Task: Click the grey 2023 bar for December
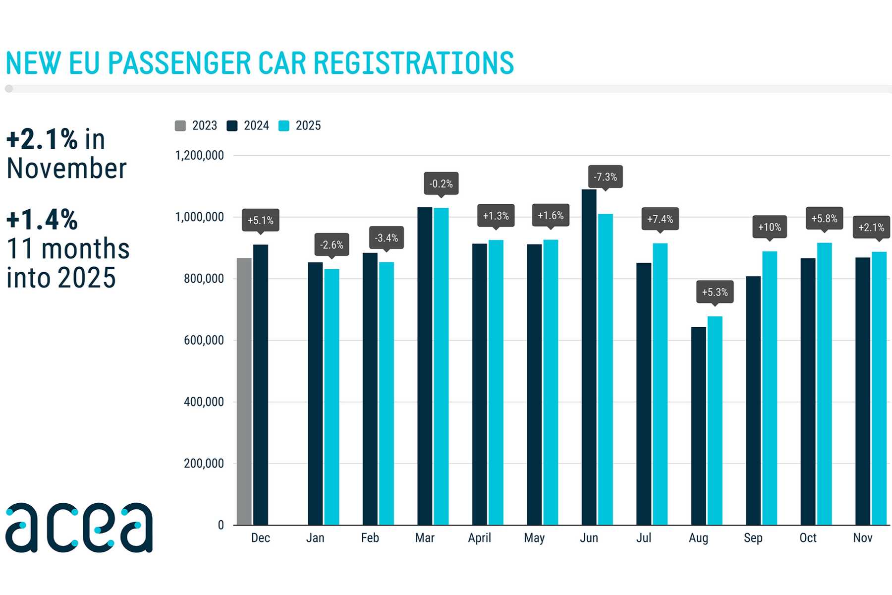tap(244, 392)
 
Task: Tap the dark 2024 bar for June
tap(589, 357)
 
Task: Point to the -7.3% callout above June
tap(605, 177)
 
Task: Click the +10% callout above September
tap(770, 227)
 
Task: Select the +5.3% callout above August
tap(715, 292)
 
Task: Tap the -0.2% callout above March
tap(441, 183)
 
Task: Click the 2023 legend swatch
tap(180, 126)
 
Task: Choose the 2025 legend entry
tap(300, 126)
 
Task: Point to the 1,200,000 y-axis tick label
tap(199, 156)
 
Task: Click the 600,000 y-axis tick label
tap(204, 340)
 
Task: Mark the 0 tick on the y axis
tap(221, 525)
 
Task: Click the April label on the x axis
tap(479, 538)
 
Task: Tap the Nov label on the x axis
tap(862, 538)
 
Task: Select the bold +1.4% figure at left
tap(42, 220)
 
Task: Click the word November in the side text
tap(66, 169)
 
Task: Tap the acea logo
tap(79, 528)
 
